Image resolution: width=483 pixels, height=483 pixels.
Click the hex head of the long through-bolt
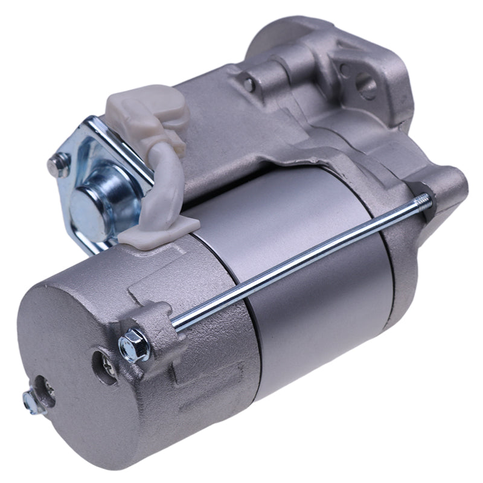135,345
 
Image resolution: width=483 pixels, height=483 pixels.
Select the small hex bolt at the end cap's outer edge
34,401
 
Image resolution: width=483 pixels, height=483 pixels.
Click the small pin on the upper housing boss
248,84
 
